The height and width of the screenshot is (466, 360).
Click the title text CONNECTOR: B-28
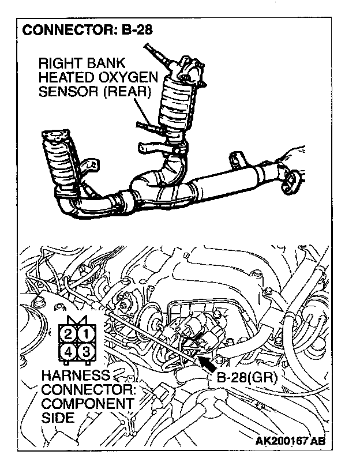click(87, 29)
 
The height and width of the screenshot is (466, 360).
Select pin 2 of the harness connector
click(68, 333)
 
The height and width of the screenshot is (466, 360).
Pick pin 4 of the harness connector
click(68, 351)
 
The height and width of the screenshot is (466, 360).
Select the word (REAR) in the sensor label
click(130, 92)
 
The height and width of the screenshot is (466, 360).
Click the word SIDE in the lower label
click(58, 416)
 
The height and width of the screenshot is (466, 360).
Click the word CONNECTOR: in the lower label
click(87, 389)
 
